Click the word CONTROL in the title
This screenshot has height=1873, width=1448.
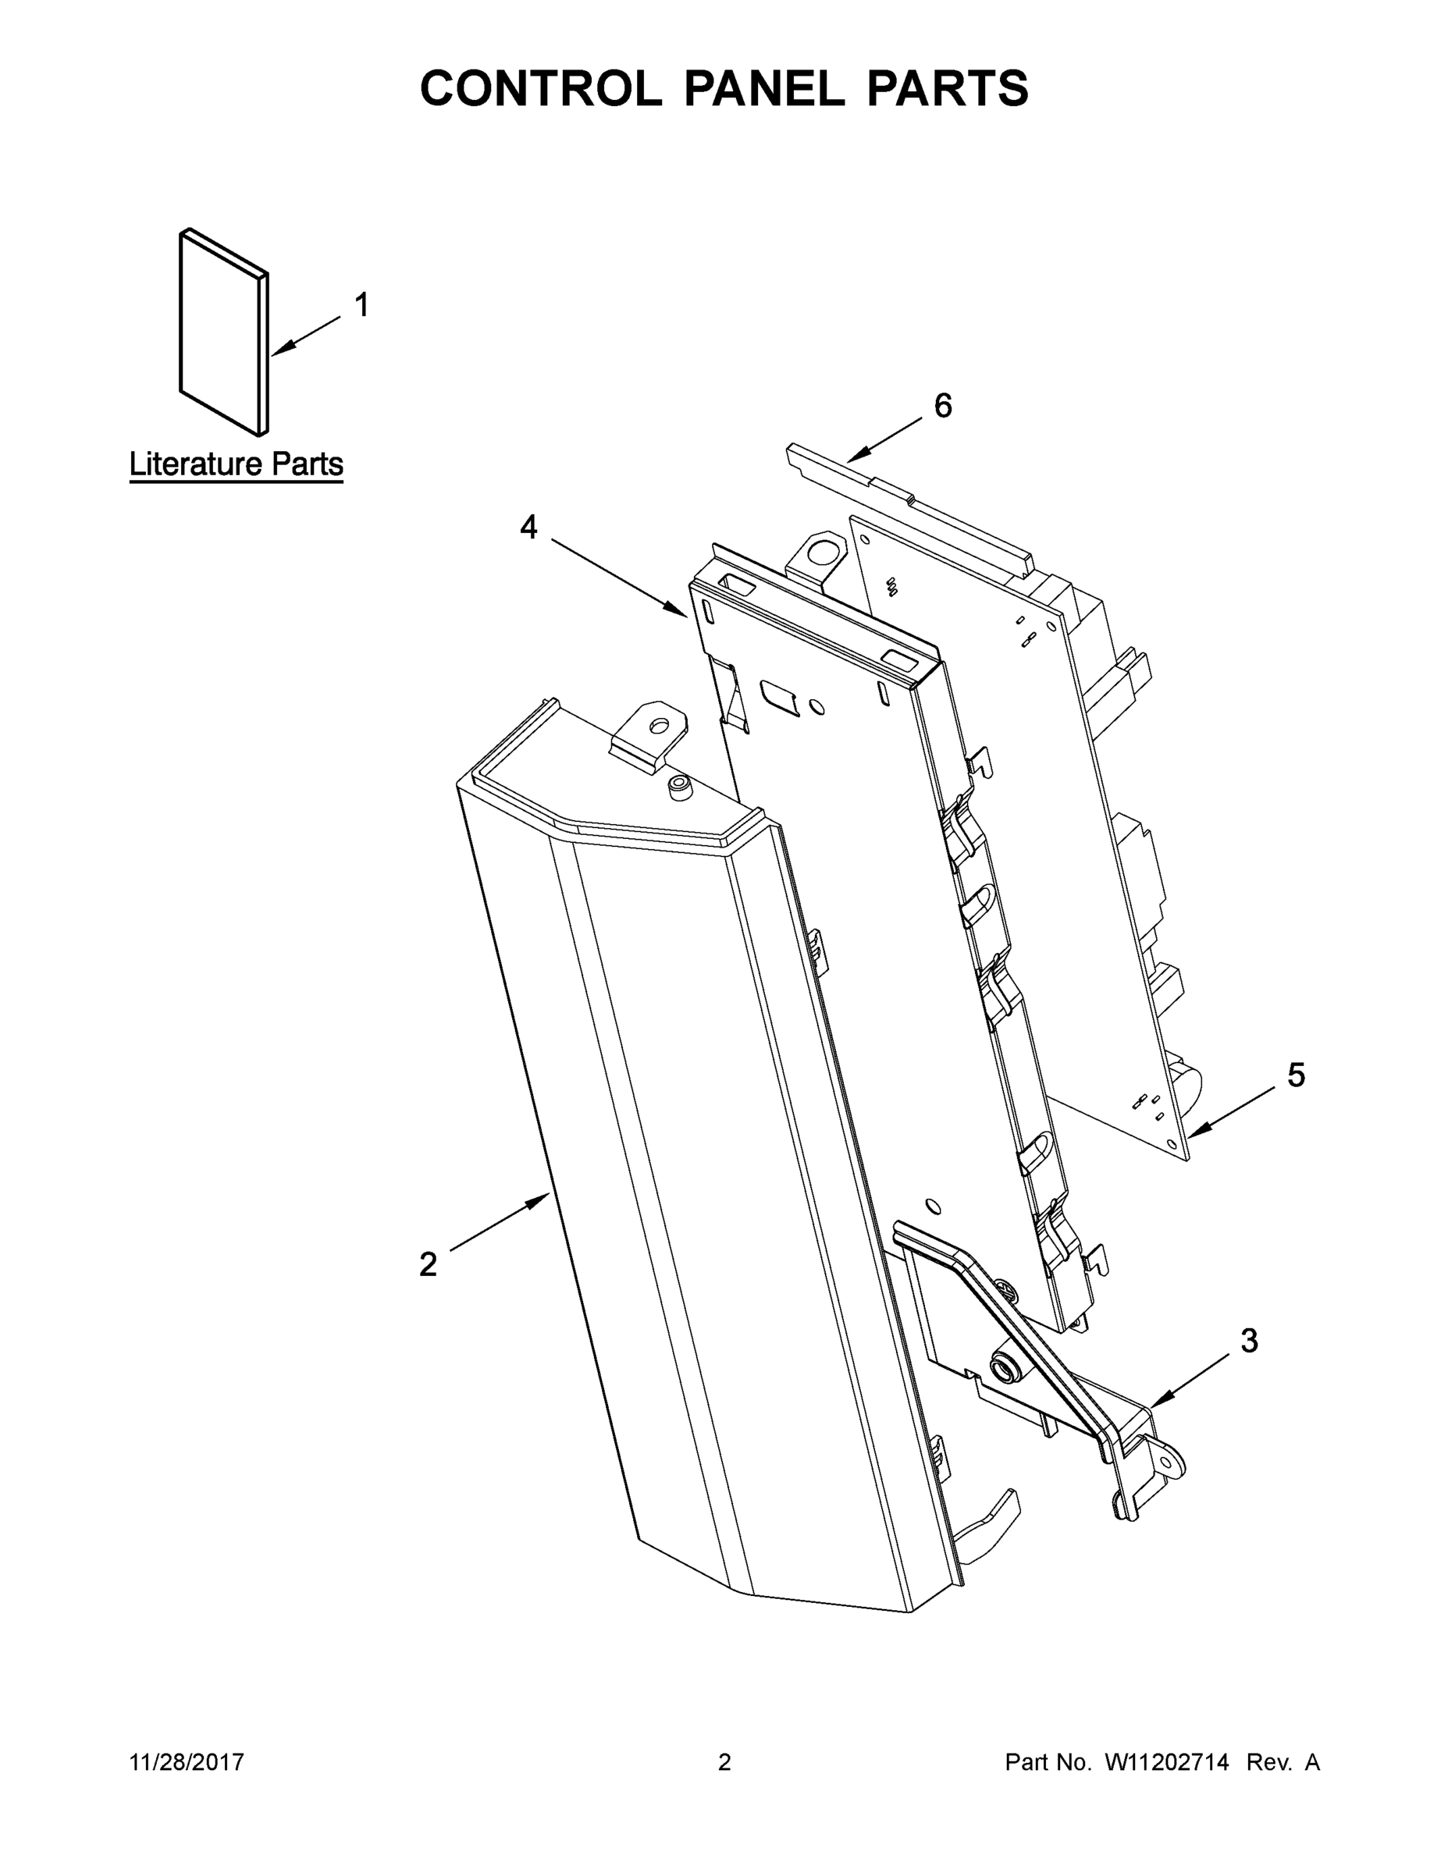coord(540,88)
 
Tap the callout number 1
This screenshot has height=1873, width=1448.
coord(362,305)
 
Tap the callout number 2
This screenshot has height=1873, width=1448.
coord(428,1264)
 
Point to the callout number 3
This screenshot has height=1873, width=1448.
coord(1249,1341)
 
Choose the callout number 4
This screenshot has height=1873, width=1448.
coord(528,527)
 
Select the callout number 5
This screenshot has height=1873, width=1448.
coord(1295,1075)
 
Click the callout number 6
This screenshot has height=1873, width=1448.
coord(943,406)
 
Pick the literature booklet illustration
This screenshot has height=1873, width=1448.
coord(223,332)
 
